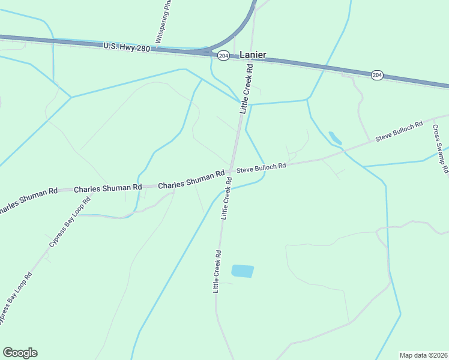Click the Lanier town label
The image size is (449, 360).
point(253,55)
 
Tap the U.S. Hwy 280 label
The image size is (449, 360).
point(127,47)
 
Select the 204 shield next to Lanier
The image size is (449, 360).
point(223,55)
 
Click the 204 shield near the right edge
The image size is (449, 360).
point(377,75)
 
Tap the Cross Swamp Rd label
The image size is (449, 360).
point(440,150)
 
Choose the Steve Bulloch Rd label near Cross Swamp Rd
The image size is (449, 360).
point(399,131)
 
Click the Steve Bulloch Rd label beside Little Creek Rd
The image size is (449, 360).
point(261,168)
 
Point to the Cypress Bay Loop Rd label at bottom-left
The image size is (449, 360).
point(14,299)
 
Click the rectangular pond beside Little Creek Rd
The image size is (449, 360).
point(243,271)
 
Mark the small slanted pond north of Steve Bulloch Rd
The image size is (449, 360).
point(335,138)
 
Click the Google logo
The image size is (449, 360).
point(20,353)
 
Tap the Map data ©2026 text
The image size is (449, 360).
point(424,355)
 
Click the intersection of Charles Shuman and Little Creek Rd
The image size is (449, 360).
point(231,171)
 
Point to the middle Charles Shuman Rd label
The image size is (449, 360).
point(107,188)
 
